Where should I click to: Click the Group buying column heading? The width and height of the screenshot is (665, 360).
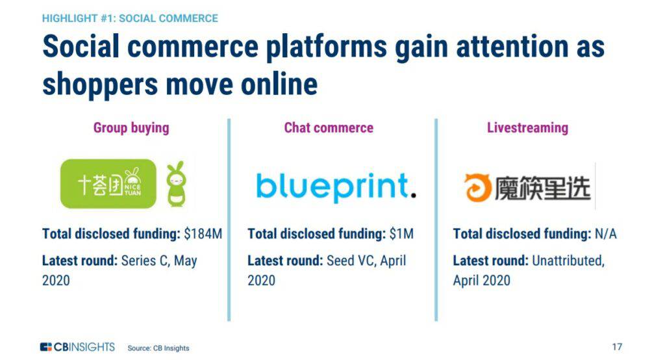[131, 128]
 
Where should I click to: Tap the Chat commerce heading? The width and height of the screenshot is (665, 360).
[329, 127]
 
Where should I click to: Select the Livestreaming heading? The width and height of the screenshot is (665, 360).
[527, 128]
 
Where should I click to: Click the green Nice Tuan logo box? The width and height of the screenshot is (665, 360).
[108, 184]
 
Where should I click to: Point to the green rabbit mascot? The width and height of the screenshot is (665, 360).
[176, 184]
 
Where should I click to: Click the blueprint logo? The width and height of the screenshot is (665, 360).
[336, 186]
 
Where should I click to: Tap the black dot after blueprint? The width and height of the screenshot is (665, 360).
[414, 195]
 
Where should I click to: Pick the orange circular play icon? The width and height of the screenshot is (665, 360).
[477, 188]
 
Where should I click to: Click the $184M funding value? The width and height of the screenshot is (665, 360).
[203, 233]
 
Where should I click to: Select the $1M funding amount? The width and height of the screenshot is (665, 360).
[401, 233]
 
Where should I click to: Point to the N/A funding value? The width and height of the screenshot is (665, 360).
[606, 233]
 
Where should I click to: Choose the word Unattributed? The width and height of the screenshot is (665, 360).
[568, 260]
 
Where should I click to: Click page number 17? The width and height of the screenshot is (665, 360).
[617, 347]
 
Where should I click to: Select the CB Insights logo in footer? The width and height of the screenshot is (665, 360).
[78, 347]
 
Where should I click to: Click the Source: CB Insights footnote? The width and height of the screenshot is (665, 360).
[158, 348]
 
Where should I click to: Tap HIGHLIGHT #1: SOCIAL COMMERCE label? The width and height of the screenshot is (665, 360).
[130, 18]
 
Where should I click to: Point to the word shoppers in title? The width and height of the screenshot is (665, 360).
[100, 84]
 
